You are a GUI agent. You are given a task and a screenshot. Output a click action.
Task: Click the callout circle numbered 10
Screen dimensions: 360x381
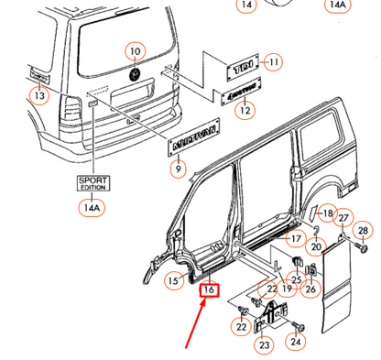pos(134,51)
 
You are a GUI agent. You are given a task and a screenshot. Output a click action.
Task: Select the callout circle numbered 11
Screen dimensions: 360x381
pos(272,62)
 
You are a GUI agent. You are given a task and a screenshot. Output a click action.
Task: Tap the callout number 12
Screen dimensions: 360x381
pos(245,111)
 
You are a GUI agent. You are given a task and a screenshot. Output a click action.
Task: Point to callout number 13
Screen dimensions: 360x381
pos(39,95)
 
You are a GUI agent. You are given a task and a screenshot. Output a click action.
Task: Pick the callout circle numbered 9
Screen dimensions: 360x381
pos(178,168)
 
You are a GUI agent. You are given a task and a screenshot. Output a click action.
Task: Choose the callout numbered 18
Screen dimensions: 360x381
pos(328,213)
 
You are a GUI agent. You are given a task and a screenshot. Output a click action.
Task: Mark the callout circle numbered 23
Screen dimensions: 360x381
pos(264,345)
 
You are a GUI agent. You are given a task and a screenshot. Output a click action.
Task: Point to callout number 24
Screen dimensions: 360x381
pos(296,342)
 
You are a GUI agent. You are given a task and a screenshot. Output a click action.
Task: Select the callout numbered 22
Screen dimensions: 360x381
pos(241,327)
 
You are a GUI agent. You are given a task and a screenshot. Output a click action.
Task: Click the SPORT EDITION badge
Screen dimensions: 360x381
pos(90,182)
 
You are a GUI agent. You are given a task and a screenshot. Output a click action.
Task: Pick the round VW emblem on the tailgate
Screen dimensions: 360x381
pos(136,72)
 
